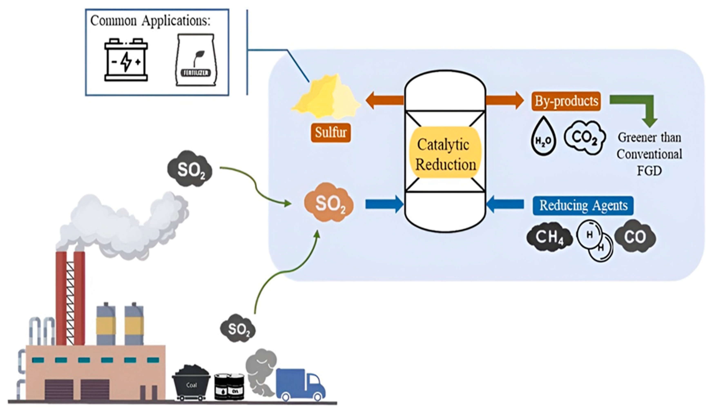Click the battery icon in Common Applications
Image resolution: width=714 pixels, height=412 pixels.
pyautogui.click(x=126, y=60)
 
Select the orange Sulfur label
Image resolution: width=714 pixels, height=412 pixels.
pyautogui.click(x=331, y=132)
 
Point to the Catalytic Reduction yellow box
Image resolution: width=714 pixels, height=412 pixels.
pyautogui.click(x=445, y=153)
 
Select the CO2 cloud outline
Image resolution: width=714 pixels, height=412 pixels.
pyautogui.click(x=585, y=137)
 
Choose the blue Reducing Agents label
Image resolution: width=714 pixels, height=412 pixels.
pyautogui.click(x=583, y=205)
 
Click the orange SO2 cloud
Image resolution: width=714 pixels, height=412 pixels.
pyautogui.click(x=329, y=203)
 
